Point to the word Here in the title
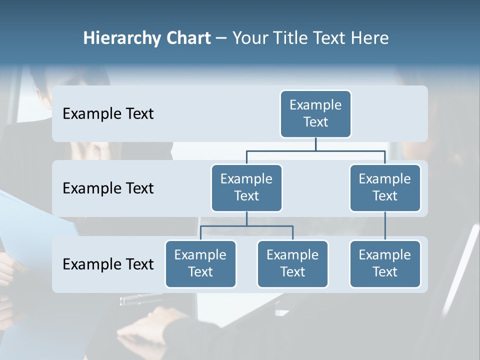click(370, 38)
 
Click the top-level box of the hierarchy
click(315, 113)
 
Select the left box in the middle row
click(246, 187)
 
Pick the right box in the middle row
click(385, 187)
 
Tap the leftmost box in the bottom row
click(200, 263)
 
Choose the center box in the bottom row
click(292, 263)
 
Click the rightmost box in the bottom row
click(385, 263)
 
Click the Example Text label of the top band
click(108, 114)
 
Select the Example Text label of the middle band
click(108, 188)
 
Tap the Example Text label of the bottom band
click(108, 264)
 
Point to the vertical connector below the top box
click(315, 144)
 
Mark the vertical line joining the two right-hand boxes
click(385, 225)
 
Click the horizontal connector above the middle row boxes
click(315, 150)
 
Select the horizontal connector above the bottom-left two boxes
click(246, 226)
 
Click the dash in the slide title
click(221, 38)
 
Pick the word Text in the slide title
click(330, 38)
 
